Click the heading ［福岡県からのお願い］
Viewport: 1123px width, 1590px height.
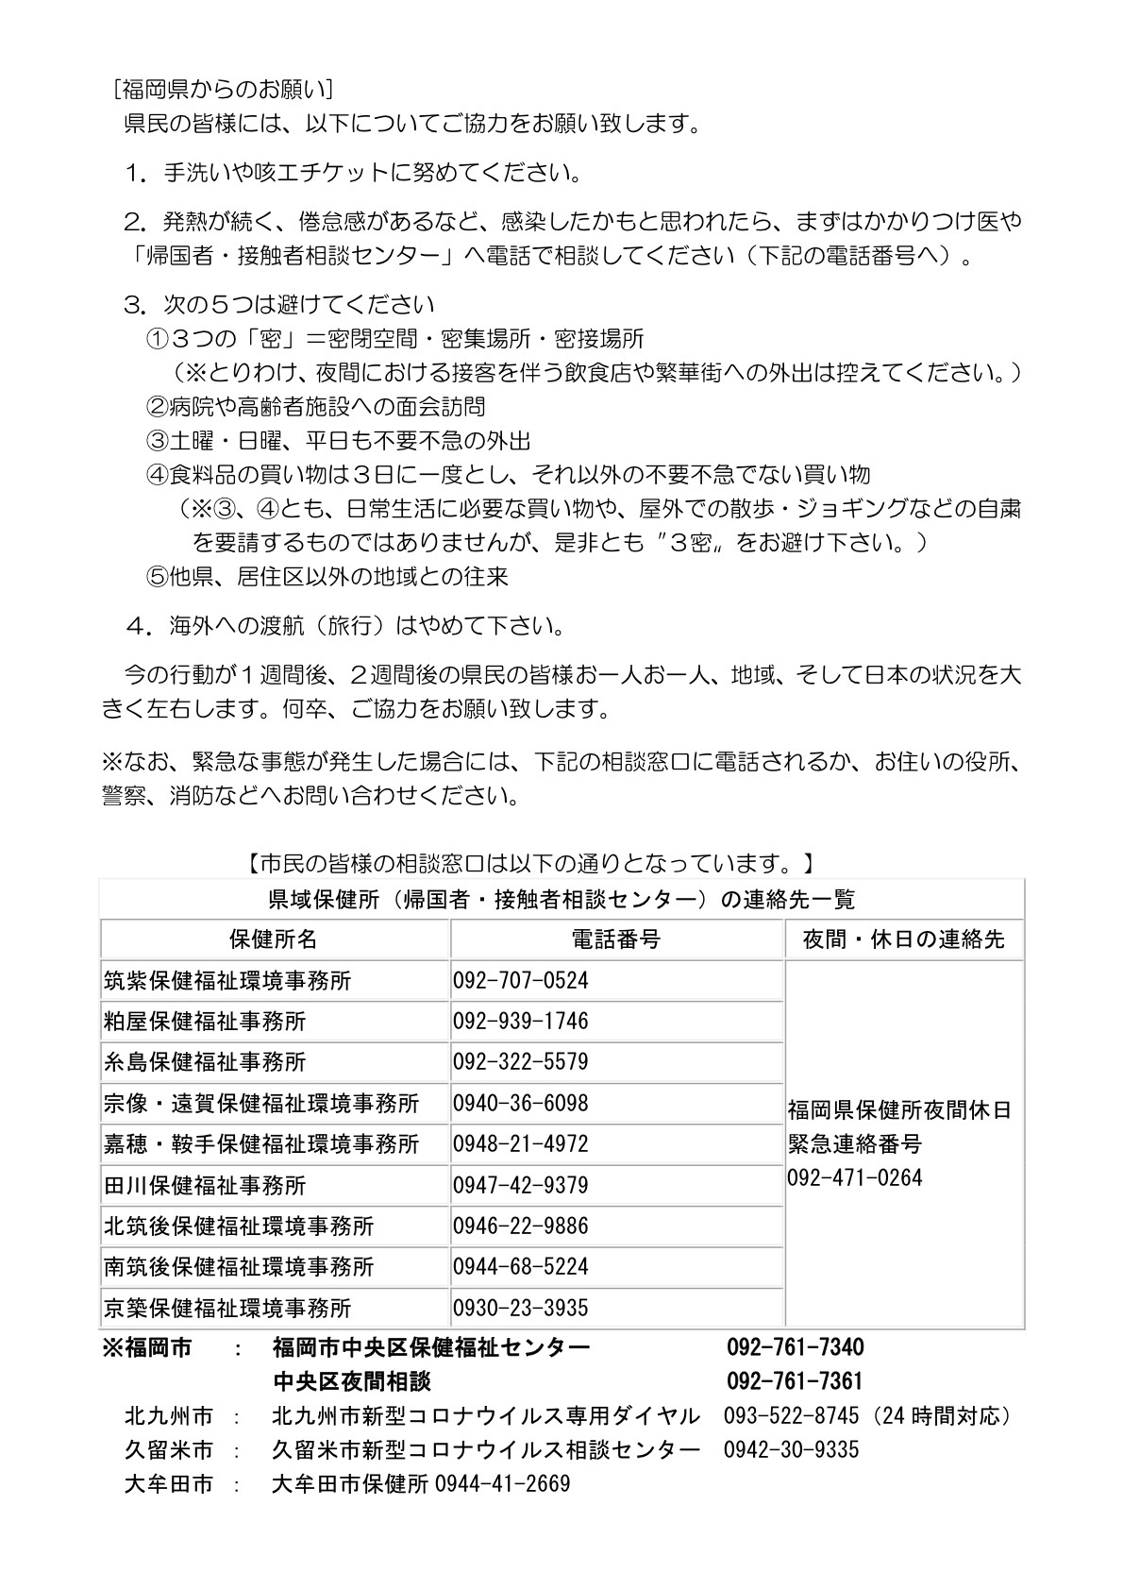pyautogui.click(x=222, y=90)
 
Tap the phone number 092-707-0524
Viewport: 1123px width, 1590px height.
pyautogui.click(x=520, y=981)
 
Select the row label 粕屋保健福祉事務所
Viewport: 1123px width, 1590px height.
pyautogui.click(x=205, y=1022)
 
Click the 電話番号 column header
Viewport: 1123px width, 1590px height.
pyautogui.click(x=616, y=939)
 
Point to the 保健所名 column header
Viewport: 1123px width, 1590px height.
pyautogui.click(x=274, y=939)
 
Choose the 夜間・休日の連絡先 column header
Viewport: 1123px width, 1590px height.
pyautogui.click(x=903, y=939)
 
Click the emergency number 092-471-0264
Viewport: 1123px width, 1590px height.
pyautogui.click(x=855, y=1177)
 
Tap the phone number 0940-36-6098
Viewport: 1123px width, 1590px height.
pyautogui.click(x=520, y=1103)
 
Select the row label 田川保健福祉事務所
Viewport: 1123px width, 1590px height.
pyautogui.click(x=205, y=1185)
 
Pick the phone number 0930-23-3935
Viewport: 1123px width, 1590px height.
pyautogui.click(x=520, y=1308)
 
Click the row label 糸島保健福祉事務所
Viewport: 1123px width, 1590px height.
pyautogui.click(x=205, y=1062)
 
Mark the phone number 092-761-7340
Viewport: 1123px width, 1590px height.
pyautogui.click(x=795, y=1347)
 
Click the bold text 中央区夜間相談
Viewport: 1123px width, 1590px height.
pyautogui.click(x=351, y=1382)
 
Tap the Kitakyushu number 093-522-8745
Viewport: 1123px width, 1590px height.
pyautogui.click(x=791, y=1416)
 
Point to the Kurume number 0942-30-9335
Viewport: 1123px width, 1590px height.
pyautogui.click(x=791, y=1449)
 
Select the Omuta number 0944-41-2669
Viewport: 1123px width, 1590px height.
pyautogui.click(x=502, y=1483)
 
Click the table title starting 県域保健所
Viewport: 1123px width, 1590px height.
pyautogui.click(x=561, y=899)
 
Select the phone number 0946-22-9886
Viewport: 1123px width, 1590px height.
pyautogui.click(x=520, y=1226)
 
